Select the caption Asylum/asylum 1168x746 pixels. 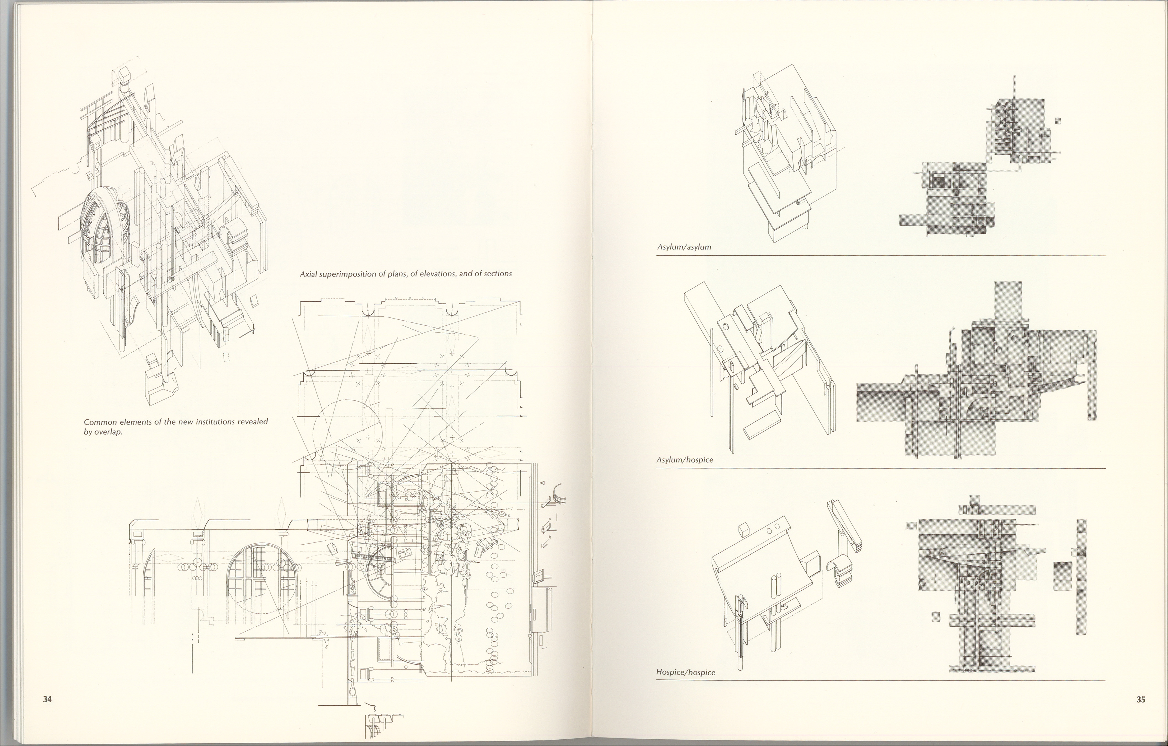coord(684,247)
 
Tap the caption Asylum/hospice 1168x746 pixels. coord(685,459)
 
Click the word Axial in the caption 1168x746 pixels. coord(308,274)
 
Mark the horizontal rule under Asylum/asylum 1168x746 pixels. coord(881,255)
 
